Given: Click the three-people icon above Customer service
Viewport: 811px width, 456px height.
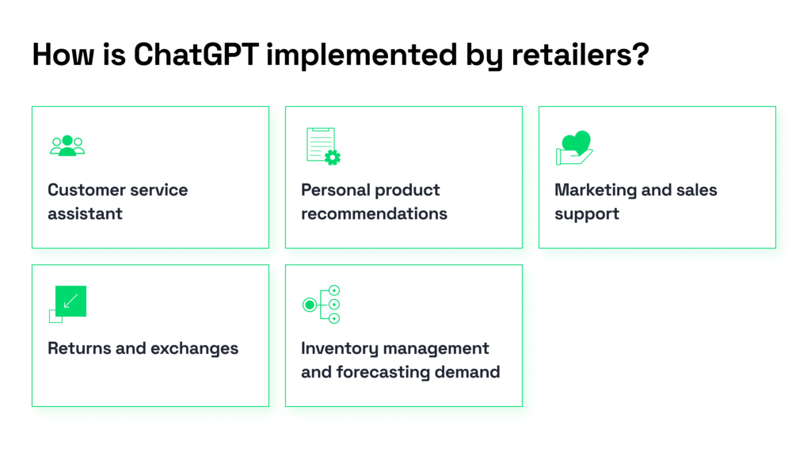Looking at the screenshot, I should tap(67, 146).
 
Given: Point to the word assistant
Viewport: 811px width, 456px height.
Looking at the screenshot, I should tap(85, 214).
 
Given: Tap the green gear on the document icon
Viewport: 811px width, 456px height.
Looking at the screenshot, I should tap(333, 158).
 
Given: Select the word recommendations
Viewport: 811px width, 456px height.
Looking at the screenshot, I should tap(374, 214).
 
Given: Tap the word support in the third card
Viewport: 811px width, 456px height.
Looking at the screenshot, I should tap(587, 214).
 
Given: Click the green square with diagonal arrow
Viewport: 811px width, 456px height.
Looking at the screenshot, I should tap(70, 301).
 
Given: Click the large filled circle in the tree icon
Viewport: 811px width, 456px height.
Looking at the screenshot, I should tap(310, 304).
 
